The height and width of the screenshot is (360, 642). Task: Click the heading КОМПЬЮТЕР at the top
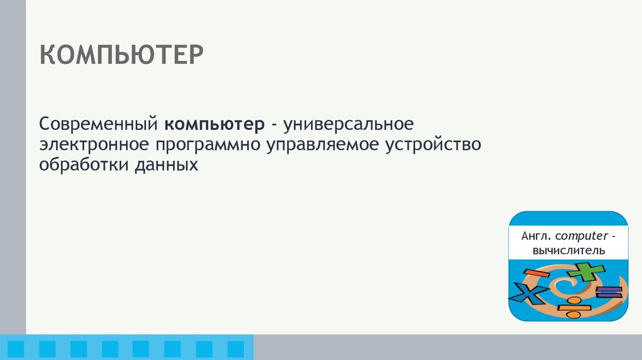coord(122,56)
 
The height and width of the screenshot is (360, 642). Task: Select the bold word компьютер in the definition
coord(215,124)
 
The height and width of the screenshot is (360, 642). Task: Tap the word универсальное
coord(349,124)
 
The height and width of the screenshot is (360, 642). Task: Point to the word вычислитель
coord(568,250)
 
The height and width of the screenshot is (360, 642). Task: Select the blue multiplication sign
coord(528,294)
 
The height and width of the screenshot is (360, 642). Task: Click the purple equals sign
coord(608,292)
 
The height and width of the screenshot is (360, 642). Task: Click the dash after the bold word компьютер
coord(275,125)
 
